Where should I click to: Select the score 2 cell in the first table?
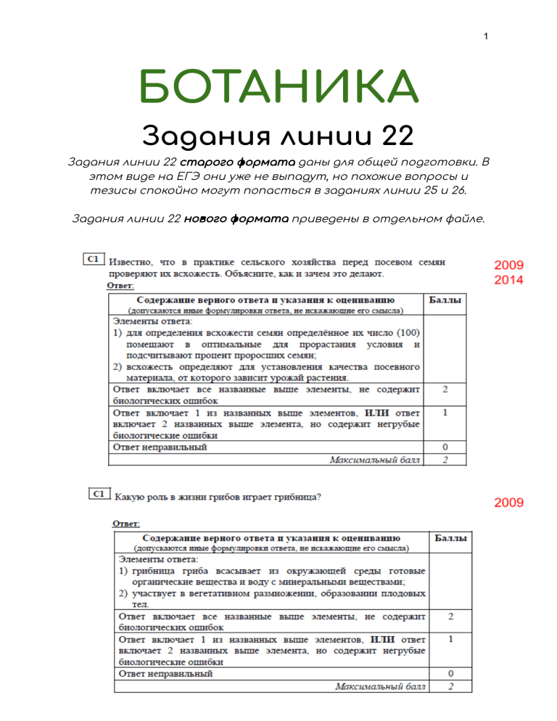click(x=445, y=390)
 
